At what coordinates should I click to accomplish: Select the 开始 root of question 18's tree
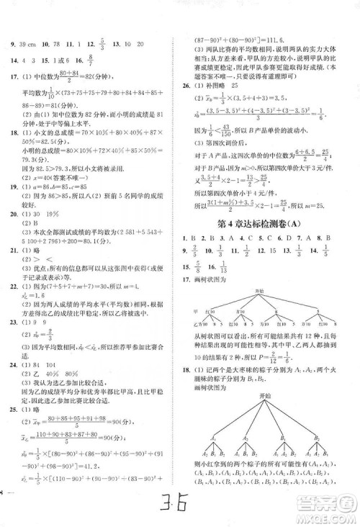pyautogui.click(x=265, y=395)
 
